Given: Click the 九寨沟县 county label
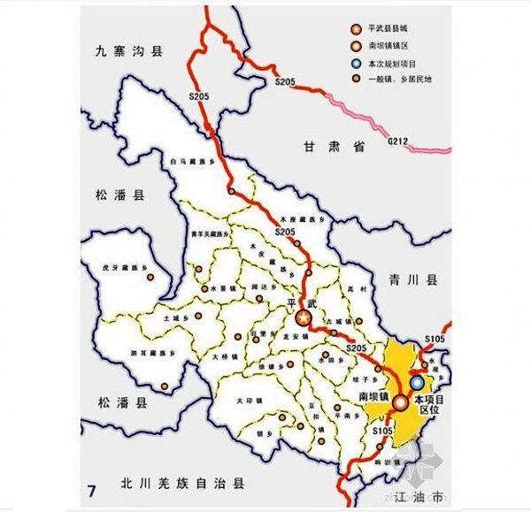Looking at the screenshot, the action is click(130, 53).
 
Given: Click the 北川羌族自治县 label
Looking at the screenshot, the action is click(182, 485).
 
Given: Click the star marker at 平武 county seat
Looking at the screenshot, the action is click(304, 317).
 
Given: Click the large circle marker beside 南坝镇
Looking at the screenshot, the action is click(401, 402).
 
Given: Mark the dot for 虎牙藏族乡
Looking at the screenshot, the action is click(150, 278).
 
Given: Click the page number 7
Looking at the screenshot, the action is click(90, 489).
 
